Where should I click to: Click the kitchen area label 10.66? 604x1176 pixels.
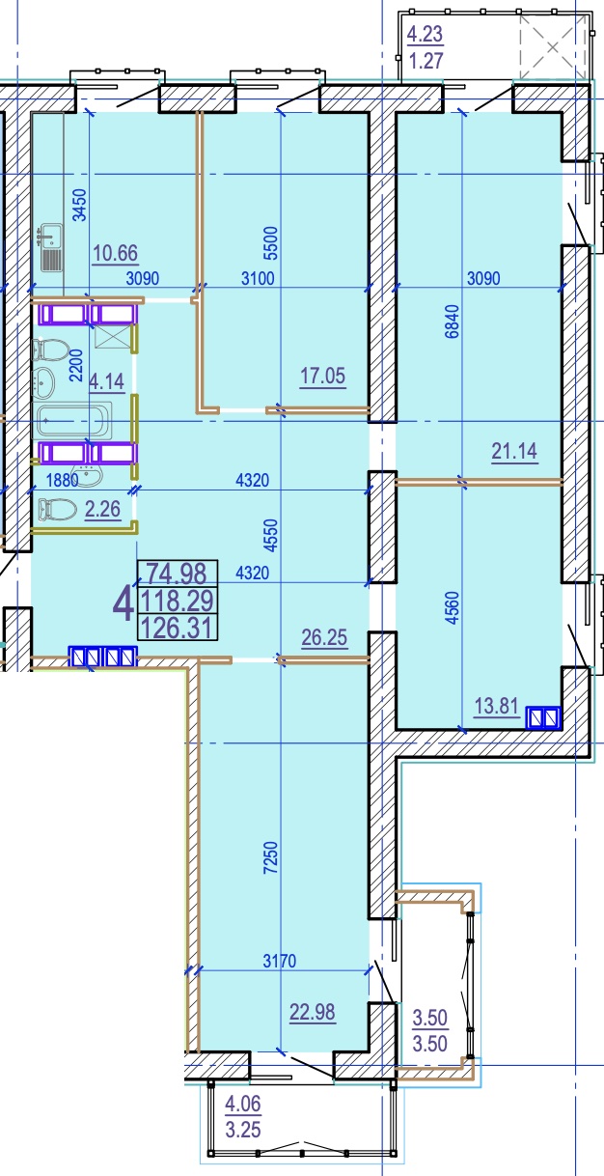pyautogui.click(x=116, y=253)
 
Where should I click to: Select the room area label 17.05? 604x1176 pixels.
pyautogui.click(x=322, y=377)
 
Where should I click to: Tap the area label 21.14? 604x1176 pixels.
pyautogui.click(x=514, y=451)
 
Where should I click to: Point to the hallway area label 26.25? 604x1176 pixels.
pyautogui.click(x=324, y=637)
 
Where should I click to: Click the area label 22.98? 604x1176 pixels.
pyautogui.click(x=313, y=1012)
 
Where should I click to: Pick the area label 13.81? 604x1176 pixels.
pyautogui.click(x=496, y=706)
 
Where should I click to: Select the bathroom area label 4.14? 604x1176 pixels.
pyautogui.click(x=106, y=381)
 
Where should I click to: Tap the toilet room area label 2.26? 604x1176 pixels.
pyautogui.click(x=102, y=509)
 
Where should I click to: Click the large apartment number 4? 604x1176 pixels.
pyautogui.click(x=123, y=605)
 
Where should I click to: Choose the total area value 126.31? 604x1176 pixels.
pyautogui.click(x=178, y=628)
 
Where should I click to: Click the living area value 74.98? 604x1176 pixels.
pyautogui.click(x=177, y=573)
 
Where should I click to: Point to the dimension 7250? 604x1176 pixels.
pyautogui.click(x=270, y=857)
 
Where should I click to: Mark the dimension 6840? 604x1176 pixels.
pyautogui.click(x=453, y=322)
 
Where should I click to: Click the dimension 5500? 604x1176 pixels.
pyautogui.click(x=270, y=242)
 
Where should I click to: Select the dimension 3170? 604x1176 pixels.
pyautogui.click(x=280, y=962)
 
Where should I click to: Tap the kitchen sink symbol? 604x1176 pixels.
pyautogui.click(x=51, y=247)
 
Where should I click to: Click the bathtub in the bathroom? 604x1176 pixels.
pyautogui.click(x=73, y=421)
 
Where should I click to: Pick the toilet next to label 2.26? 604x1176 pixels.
pyautogui.click(x=57, y=509)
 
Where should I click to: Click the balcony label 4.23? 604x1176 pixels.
pyautogui.click(x=426, y=34)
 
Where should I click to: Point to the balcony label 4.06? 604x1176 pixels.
pyautogui.click(x=242, y=1105)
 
